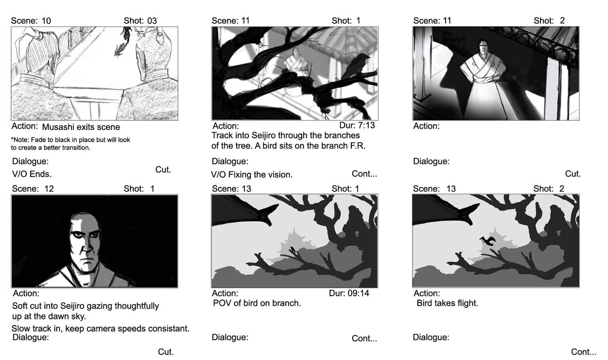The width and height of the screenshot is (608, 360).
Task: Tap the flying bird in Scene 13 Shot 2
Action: click(488, 241)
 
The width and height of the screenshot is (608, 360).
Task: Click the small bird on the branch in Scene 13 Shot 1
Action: click(293, 250)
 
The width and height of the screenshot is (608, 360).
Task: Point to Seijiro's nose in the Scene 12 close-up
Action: click(86, 246)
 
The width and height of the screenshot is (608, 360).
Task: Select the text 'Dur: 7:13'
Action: click(357, 125)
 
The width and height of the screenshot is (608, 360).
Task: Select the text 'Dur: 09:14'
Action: click(349, 293)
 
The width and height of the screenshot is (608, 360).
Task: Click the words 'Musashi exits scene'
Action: click(81, 127)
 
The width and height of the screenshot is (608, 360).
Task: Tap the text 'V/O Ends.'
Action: click(32, 174)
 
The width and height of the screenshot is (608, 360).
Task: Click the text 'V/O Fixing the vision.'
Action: click(252, 174)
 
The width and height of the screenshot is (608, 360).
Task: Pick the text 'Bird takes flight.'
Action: click(447, 303)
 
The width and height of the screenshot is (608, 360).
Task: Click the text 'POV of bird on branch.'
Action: click(257, 303)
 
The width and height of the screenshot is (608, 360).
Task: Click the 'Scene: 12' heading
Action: click(33, 189)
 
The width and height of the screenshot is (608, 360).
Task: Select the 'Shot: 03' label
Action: click(140, 21)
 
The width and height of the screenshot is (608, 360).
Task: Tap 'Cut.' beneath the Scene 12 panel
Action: click(166, 352)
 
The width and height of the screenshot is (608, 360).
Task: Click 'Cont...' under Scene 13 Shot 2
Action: click(584, 352)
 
